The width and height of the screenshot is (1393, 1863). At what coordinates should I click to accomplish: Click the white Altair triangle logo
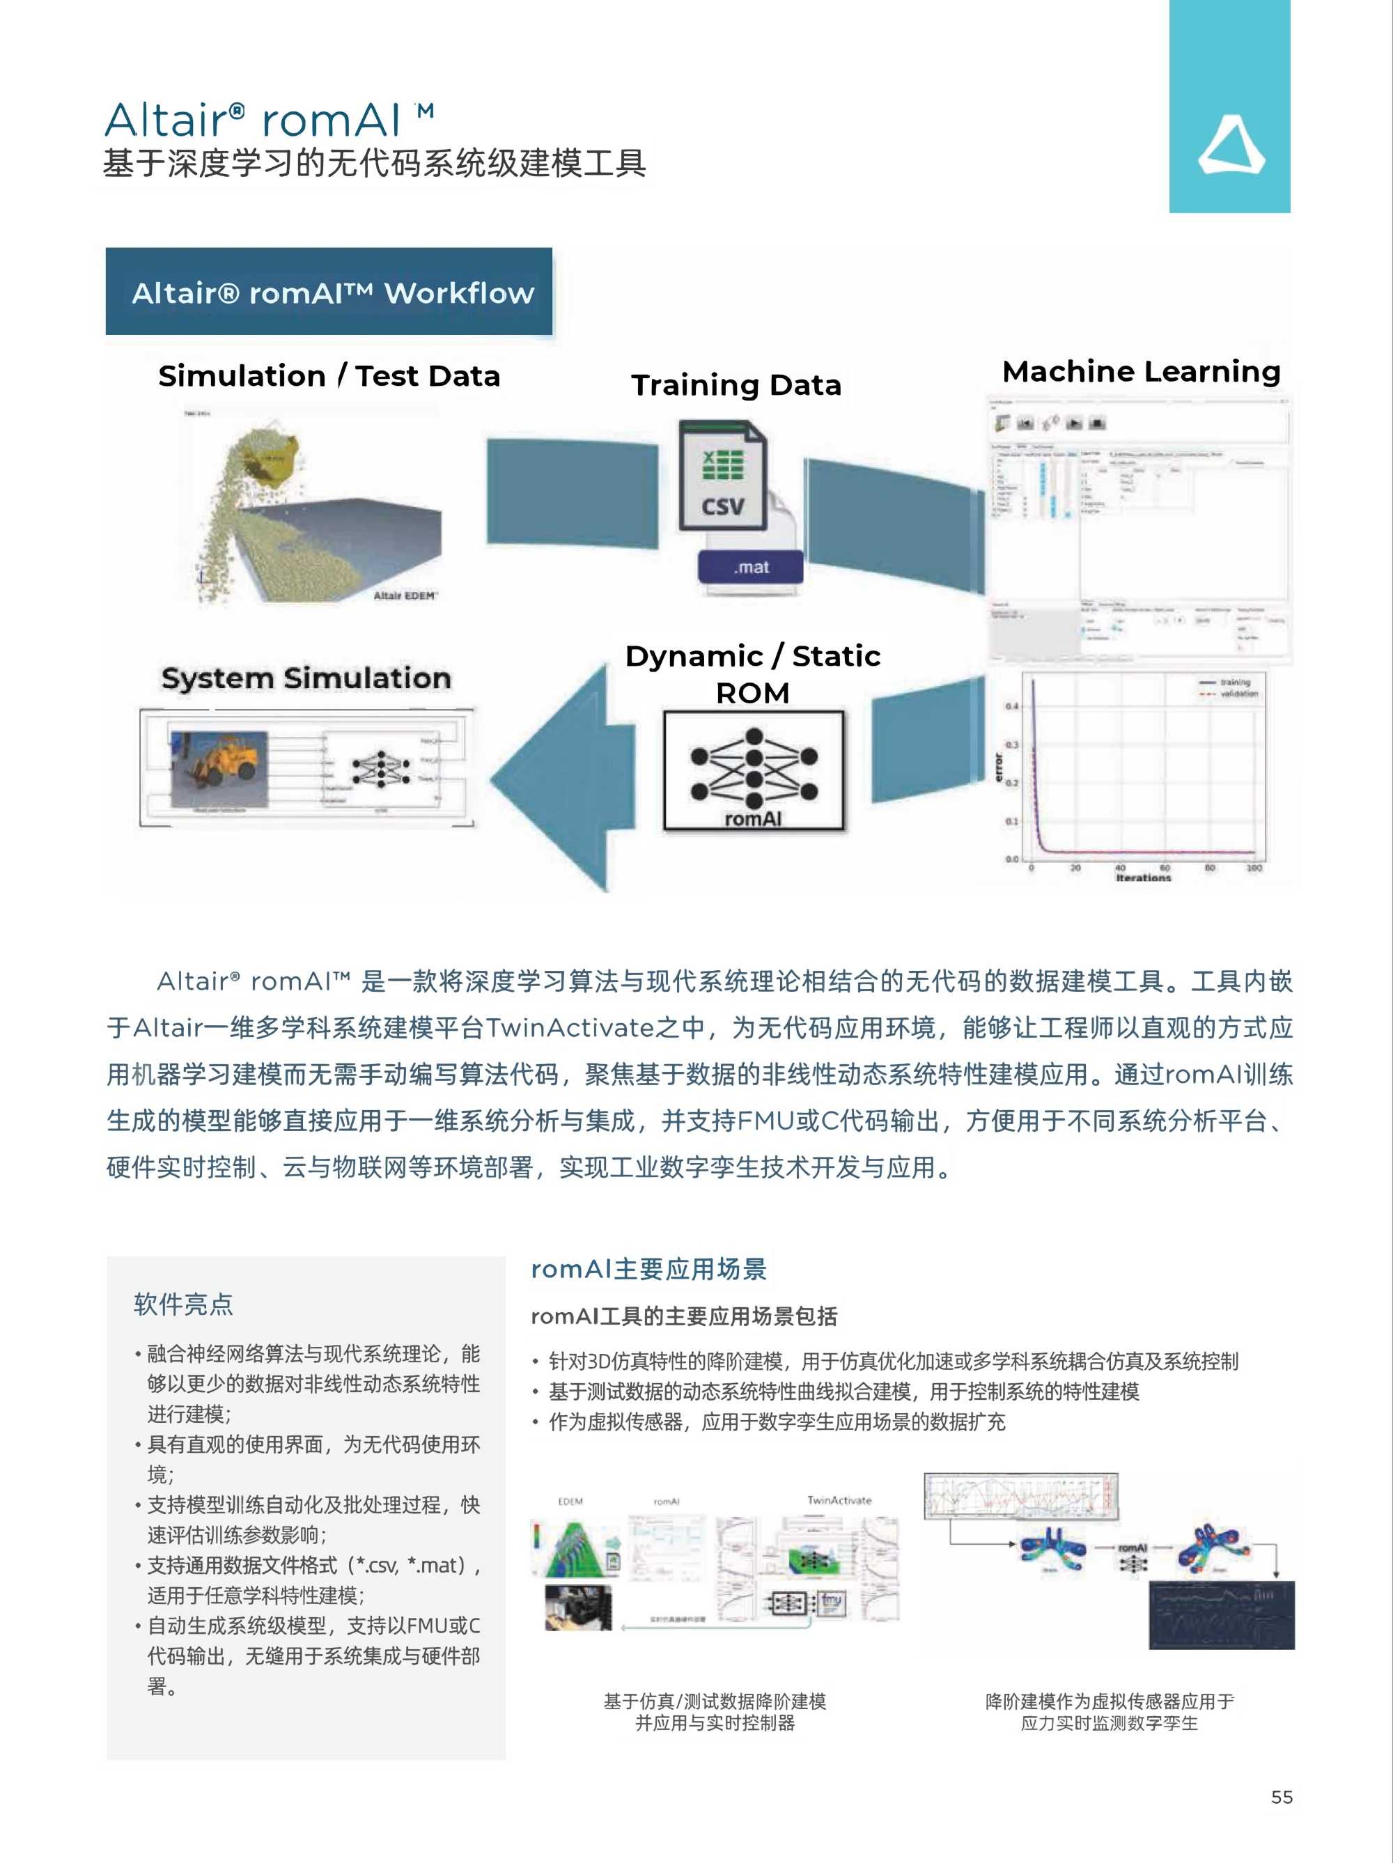(x=1231, y=146)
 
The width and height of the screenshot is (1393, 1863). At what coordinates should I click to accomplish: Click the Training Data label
(x=736, y=385)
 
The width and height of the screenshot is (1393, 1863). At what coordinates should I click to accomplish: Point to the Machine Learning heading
(x=1141, y=371)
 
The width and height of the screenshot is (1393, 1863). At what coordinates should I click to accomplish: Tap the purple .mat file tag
(x=749, y=567)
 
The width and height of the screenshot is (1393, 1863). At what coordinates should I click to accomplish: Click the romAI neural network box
(x=753, y=771)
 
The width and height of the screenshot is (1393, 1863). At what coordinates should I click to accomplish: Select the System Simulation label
(x=306, y=678)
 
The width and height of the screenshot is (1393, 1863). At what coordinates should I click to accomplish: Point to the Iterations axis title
(x=1143, y=878)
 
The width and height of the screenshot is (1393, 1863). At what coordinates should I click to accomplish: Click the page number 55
(x=1281, y=1796)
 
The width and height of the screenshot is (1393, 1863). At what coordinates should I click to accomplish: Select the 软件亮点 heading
(x=182, y=1304)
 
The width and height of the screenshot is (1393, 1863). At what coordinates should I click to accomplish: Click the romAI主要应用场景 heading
(x=648, y=1268)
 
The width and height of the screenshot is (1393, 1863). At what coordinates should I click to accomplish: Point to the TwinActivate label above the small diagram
(x=839, y=1500)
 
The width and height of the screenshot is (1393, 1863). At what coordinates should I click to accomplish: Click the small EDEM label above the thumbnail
(x=570, y=1501)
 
